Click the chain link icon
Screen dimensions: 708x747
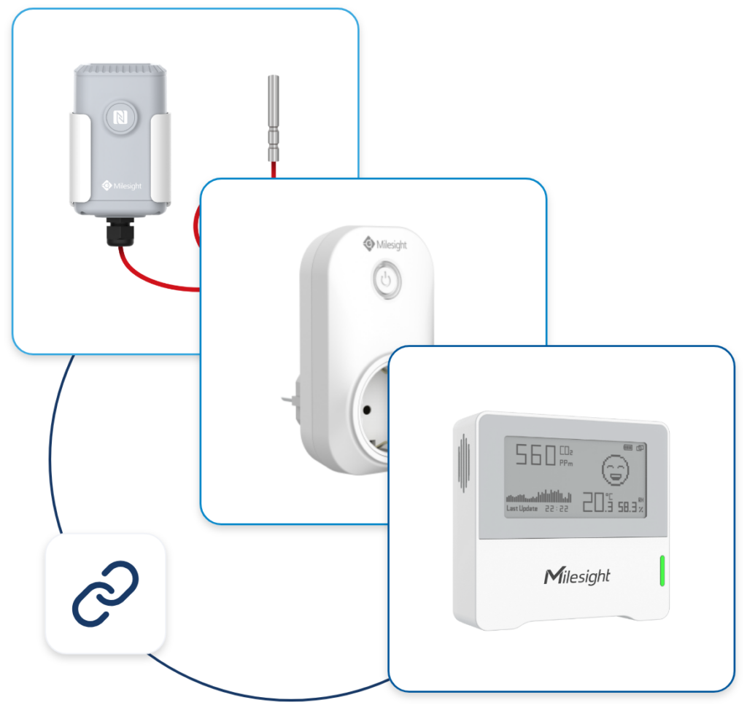point(105,592)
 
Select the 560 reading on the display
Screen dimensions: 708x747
point(535,457)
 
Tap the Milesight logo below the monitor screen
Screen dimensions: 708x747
point(576,577)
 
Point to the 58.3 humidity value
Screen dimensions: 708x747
point(629,505)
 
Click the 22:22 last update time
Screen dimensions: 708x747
point(558,508)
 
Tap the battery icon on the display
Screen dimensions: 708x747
point(628,447)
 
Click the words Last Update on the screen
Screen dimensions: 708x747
point(523,508)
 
